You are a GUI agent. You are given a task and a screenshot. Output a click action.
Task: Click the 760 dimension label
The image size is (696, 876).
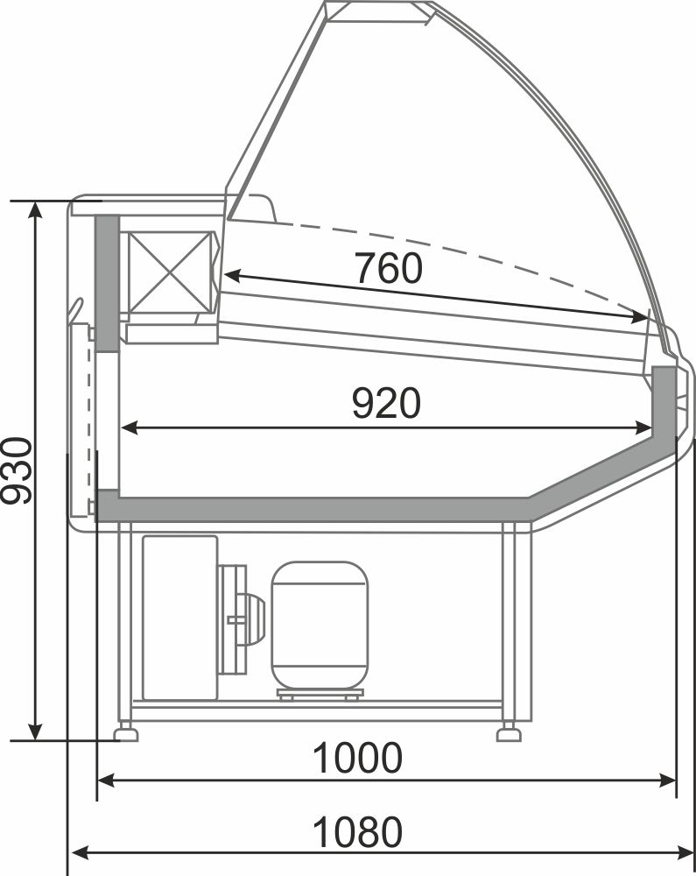click(x=389, y=267)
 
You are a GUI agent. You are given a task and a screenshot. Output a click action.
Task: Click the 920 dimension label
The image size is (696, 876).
click(x=386, y=403)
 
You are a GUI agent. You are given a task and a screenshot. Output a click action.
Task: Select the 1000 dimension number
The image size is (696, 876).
click(x=357, y=758)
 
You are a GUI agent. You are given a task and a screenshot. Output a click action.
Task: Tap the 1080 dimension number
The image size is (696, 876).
click(x=357, y=832)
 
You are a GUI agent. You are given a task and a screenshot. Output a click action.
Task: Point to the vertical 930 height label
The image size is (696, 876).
click(x=17, y=471)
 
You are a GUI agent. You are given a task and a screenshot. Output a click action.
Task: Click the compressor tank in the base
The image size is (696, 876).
click(x=320, y=625)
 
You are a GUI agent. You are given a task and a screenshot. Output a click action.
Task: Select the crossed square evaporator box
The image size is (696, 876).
click(x=169, y=272)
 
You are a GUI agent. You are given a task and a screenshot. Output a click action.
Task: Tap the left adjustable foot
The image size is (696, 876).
click(x=125, y=731)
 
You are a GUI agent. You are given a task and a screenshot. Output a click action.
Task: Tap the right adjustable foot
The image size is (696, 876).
click(x=509, y=731)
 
